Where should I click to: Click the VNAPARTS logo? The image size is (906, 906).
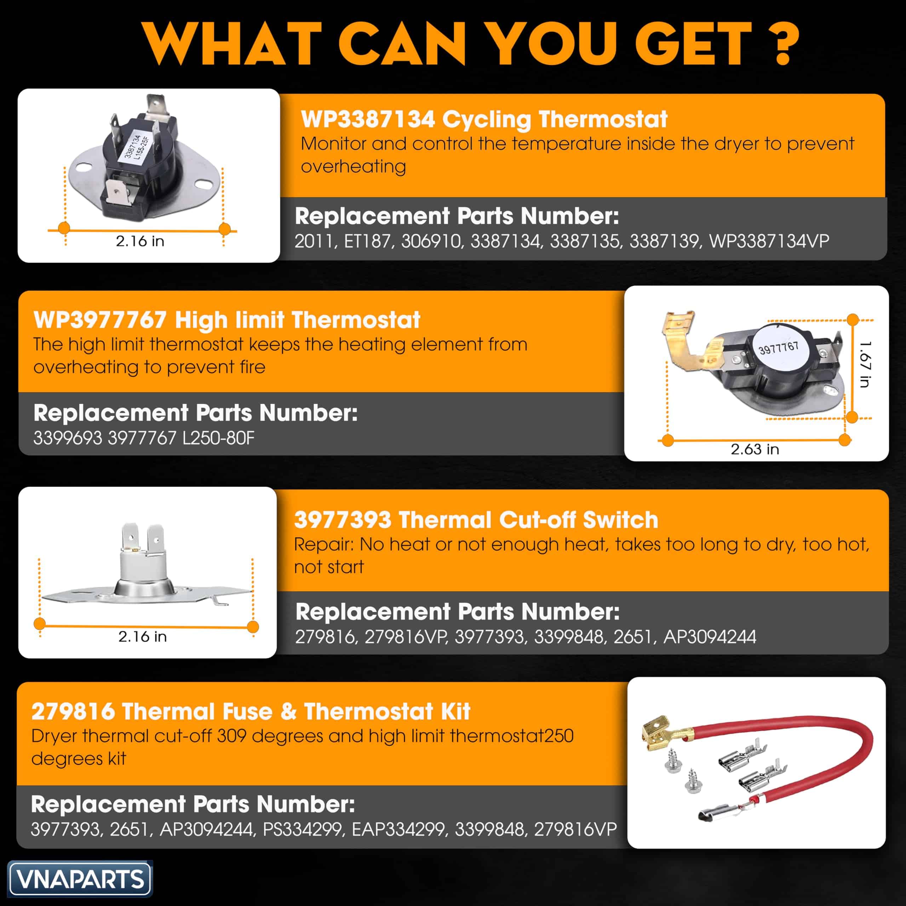(x=80, y=879)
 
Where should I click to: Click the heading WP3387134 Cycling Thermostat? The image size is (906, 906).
(x=484, y=119)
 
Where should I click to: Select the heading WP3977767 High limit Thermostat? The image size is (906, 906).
(x=226, y=320)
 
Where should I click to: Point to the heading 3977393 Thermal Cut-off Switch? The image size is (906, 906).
(x=476, y=520)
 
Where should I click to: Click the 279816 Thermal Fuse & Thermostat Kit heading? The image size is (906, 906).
(x=251, y=711)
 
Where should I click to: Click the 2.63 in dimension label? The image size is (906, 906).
(x=755, y=449)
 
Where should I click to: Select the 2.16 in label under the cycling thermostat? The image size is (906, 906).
(x=140, y=241)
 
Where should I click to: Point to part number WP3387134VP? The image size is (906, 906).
(x=769, y=241)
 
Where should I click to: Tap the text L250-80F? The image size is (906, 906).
(x=218, y=438)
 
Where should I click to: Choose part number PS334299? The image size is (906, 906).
(x=303, y=829)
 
